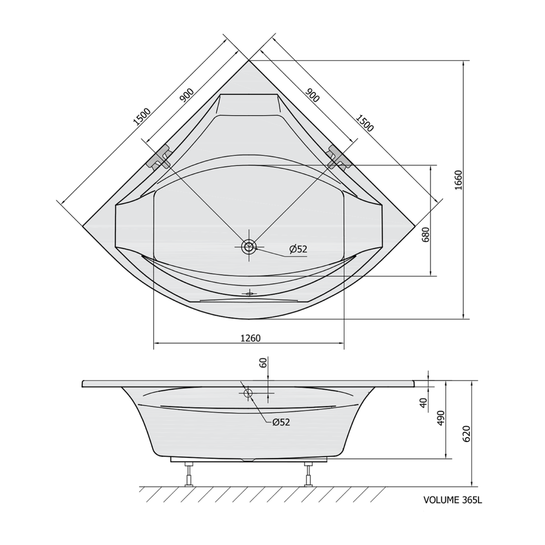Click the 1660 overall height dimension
pos(458,180)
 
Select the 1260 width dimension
pos(251,338)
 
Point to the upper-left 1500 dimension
pos(142,117)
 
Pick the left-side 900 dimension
pos(186,95)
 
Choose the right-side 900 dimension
pos(312,95)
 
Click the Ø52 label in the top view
pos(298,249)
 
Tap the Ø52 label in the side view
pos(281,422)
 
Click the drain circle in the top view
pos(249,247)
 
